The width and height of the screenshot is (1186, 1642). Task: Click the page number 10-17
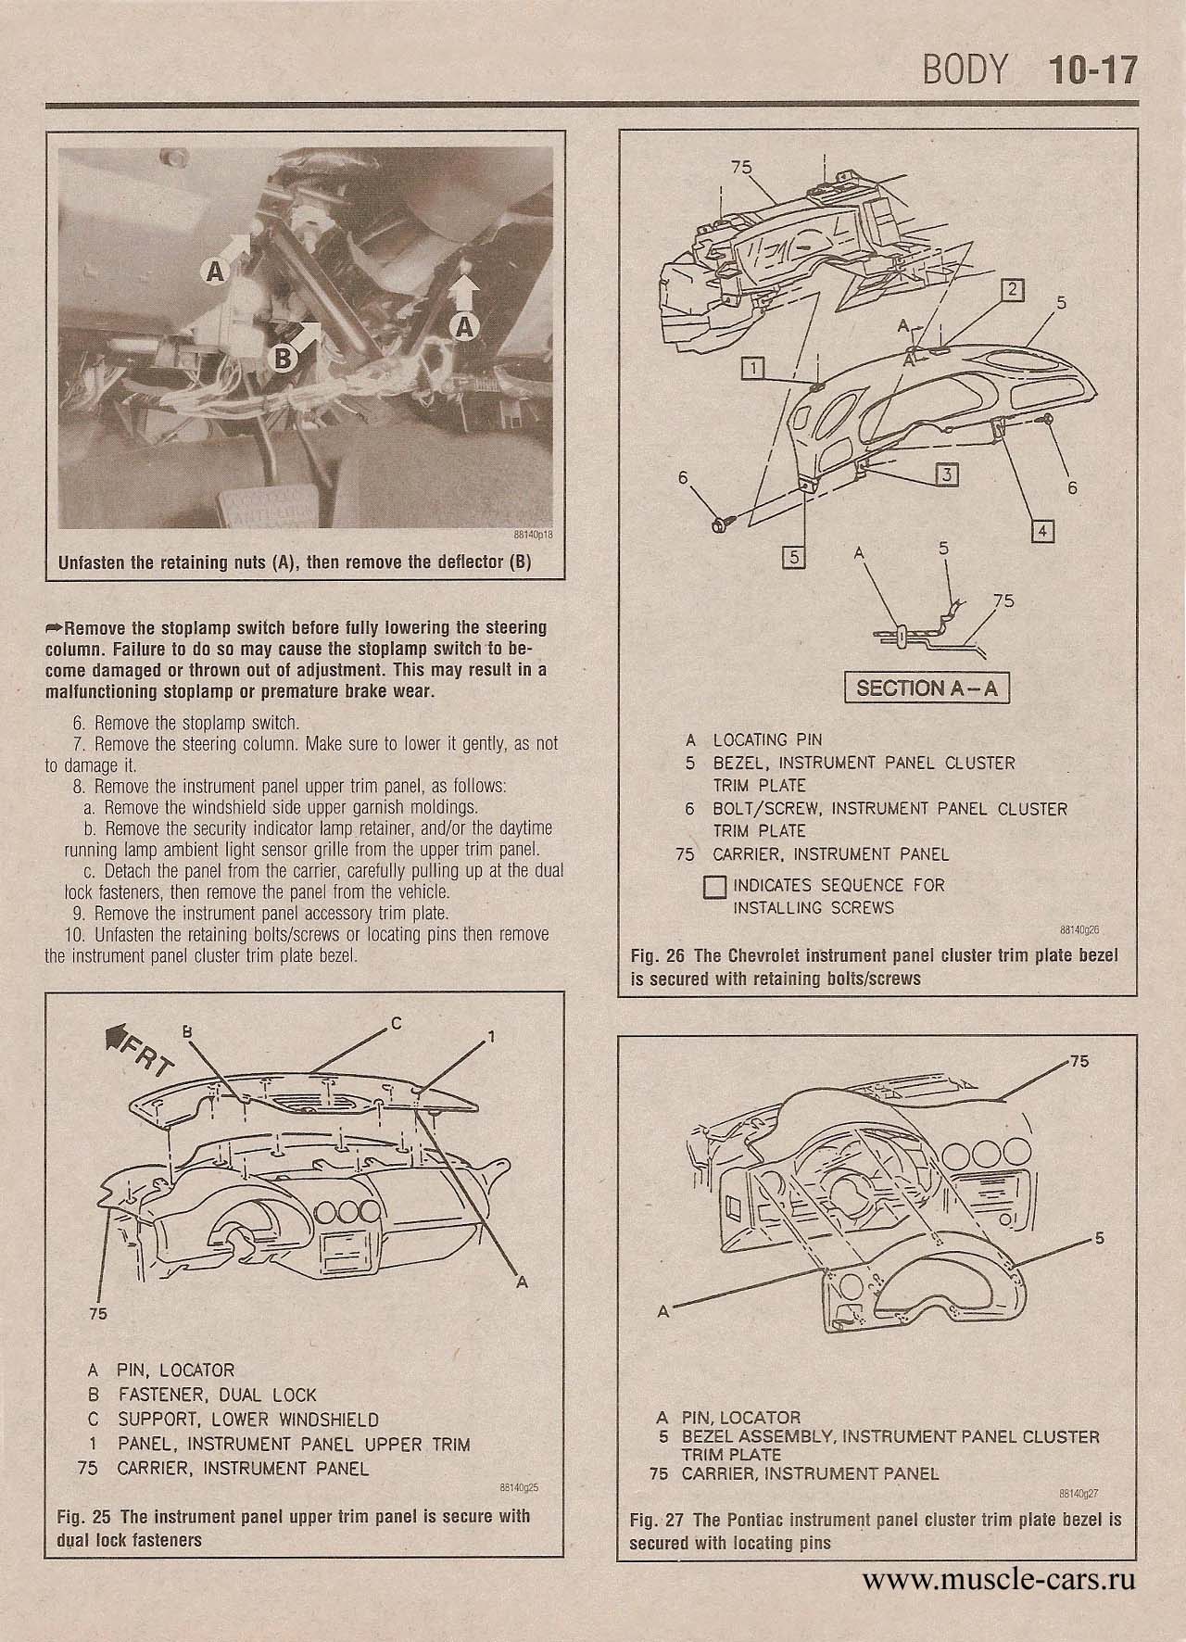pos(1091,71)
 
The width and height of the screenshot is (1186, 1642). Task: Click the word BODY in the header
pos(964,71)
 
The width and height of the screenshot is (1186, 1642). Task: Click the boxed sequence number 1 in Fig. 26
pos(755,369)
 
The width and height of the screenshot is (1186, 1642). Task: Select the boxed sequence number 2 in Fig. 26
pos(1014,290)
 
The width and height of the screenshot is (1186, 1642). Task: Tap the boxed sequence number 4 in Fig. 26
pos(1042,531)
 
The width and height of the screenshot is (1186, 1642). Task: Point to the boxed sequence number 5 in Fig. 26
pos(795,557)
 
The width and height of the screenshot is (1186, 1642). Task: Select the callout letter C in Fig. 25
pos(395,1023)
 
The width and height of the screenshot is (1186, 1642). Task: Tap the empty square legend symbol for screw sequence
pos(715,887)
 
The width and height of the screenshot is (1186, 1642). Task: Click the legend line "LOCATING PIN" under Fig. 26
pos(766,739)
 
